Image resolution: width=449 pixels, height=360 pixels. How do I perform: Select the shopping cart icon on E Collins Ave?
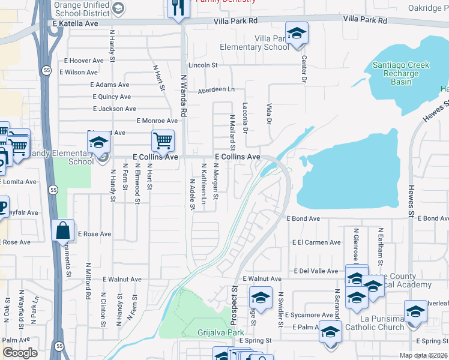click(163, 142)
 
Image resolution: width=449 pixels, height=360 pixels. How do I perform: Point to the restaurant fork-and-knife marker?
click(178, 7)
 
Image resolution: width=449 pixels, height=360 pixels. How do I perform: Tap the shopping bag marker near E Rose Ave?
click(63, 230)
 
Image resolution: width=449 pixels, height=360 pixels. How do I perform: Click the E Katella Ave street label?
click(75, 23)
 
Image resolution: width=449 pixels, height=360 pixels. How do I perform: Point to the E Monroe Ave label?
click(157, 121)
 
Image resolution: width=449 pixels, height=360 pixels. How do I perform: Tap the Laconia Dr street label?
click(244, 118)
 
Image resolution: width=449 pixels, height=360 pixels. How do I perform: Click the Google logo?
click(20, 353)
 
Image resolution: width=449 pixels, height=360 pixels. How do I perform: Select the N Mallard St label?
click(232, 132)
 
